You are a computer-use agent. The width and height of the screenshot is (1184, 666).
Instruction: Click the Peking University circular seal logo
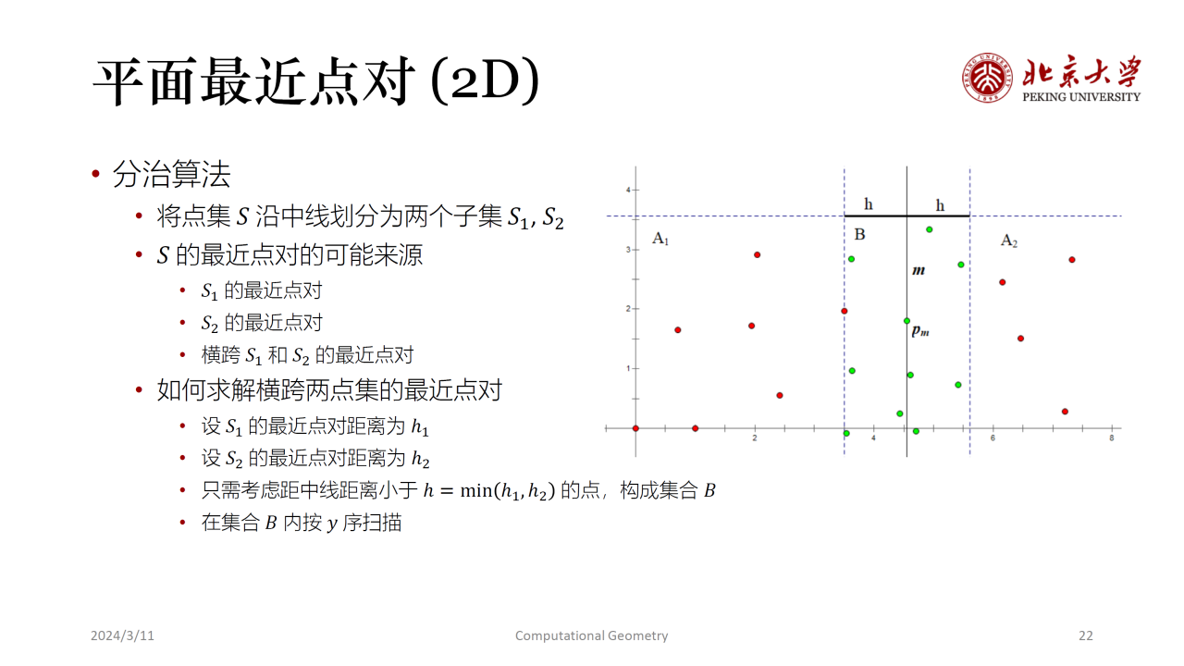tap(987, 78)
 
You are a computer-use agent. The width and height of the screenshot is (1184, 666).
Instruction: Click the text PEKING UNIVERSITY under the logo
tap(1081, 97)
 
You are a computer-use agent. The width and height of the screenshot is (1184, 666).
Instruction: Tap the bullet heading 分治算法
tap(172, 174)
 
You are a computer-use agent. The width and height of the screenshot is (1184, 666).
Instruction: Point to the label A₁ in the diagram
tap(660, 239)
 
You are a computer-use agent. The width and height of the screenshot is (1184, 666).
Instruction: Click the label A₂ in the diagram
tap(1009, 241)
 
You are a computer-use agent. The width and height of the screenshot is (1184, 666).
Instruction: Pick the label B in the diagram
tap(860, 234)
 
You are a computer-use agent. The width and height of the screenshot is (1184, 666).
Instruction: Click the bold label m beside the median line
tap(919, 271)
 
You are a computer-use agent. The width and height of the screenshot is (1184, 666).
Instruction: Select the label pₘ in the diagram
tap(920, 331)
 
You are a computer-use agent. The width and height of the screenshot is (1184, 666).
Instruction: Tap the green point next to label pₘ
tap(907, 321)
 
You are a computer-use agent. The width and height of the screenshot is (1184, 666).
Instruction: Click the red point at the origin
tap(635, 428)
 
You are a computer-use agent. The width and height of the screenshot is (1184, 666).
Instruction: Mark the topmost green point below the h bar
tap(930, 229)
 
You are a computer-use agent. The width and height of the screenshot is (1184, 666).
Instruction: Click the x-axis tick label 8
tap(1112, 438)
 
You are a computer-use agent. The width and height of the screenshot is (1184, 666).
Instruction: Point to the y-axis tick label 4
tap(628, 190)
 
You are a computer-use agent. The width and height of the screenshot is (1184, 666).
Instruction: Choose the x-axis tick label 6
tap(993, 438)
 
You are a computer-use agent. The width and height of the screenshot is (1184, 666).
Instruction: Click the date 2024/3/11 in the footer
tap(122, 635)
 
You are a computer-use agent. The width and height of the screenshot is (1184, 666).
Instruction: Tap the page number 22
tap(1086, 635)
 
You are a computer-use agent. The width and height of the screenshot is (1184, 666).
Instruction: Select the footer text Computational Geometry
tap(591, 635)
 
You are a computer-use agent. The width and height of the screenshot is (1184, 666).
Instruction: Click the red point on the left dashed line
tap(845, 311)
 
